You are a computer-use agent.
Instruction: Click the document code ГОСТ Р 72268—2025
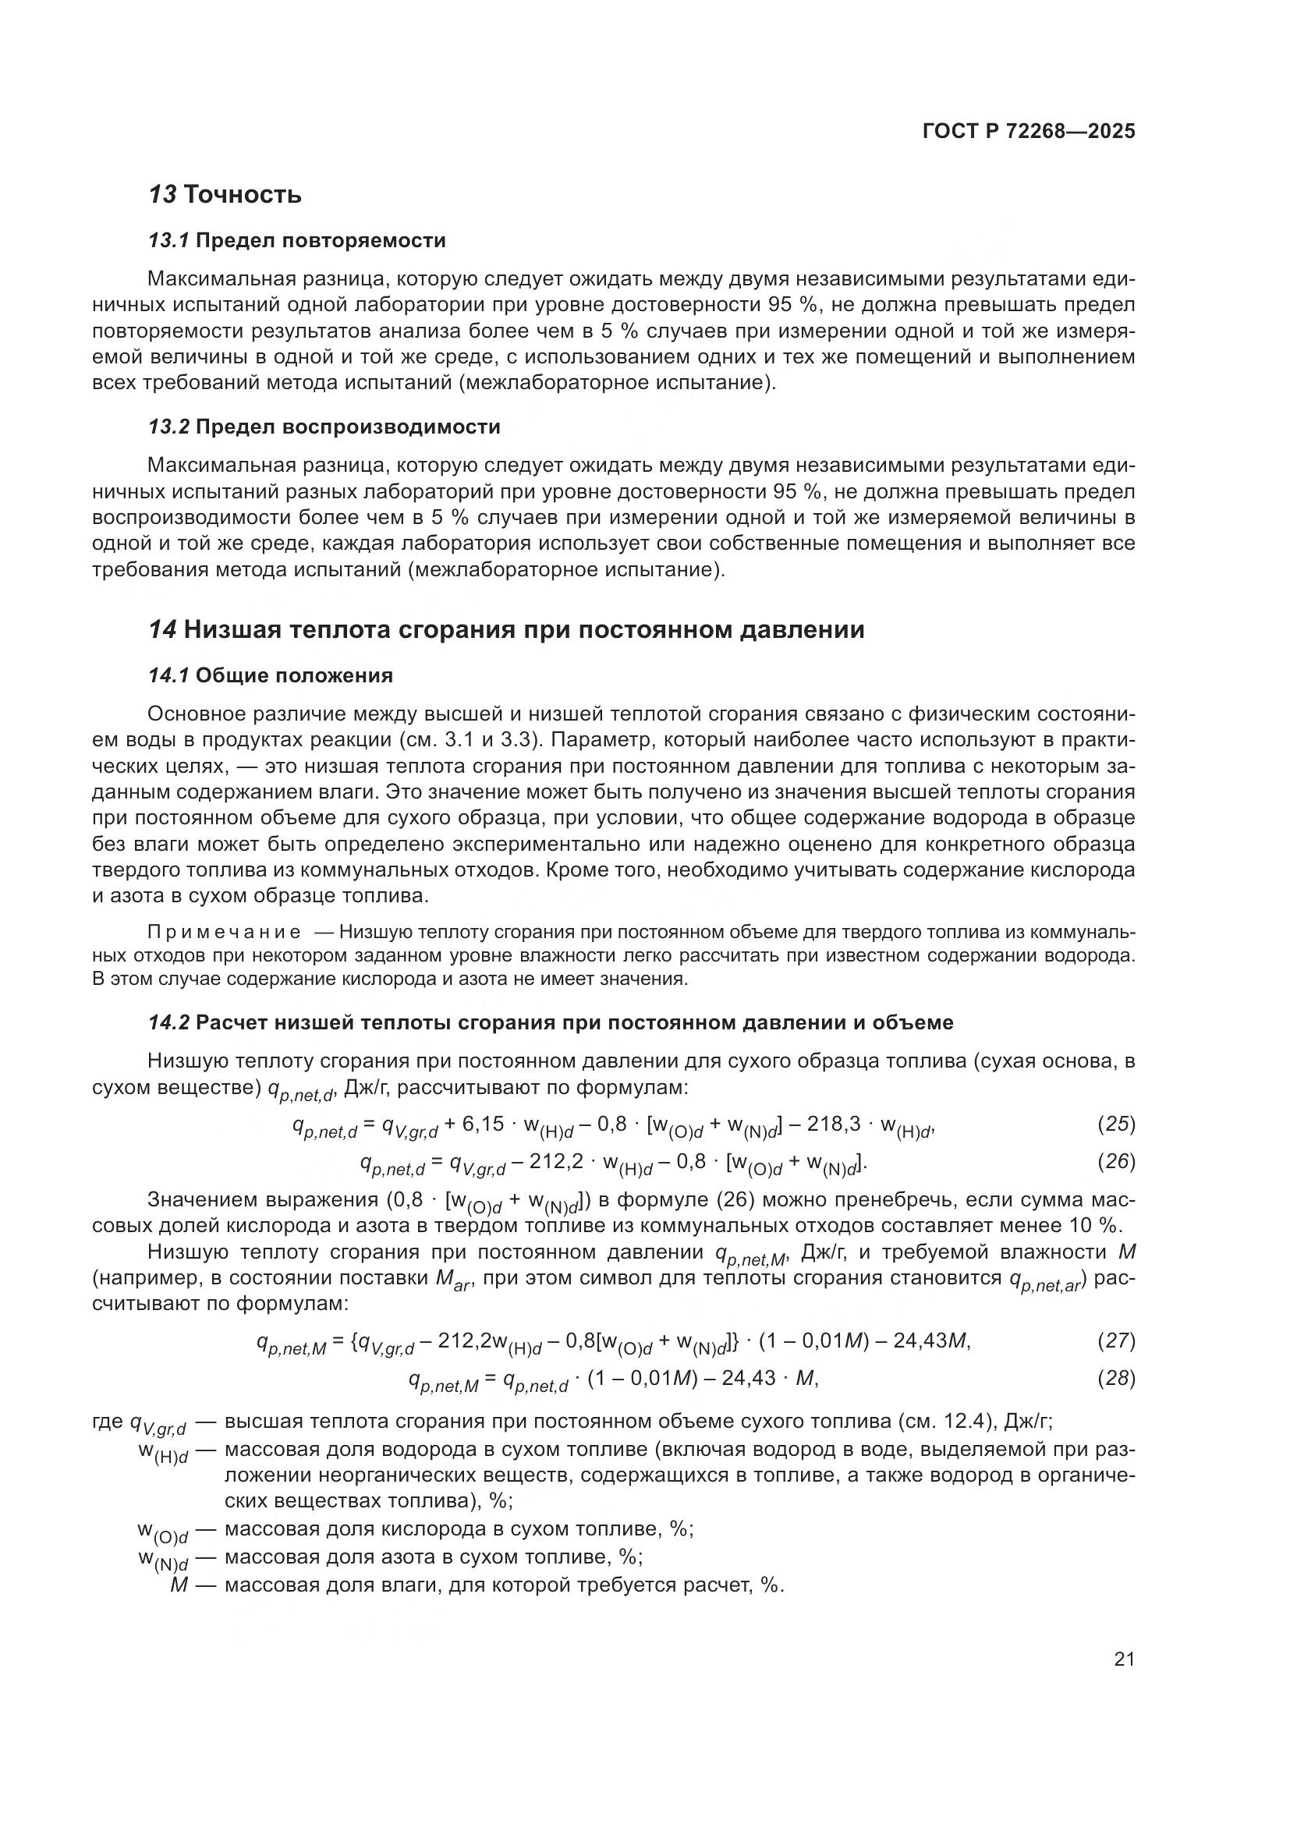1029,132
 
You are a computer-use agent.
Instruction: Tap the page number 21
1124,1659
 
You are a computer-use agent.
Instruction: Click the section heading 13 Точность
225,195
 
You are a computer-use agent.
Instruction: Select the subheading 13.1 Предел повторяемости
296,240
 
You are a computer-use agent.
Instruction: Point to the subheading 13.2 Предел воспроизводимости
324,427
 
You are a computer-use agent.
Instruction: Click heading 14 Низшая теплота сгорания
506,630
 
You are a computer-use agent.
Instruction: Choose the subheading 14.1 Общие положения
270,675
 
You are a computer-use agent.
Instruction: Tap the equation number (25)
1116,1125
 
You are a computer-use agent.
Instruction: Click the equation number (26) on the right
1116,1161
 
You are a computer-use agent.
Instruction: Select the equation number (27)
1116,1341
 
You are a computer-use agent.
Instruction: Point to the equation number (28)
1116,1378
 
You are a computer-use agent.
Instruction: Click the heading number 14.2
168,1022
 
